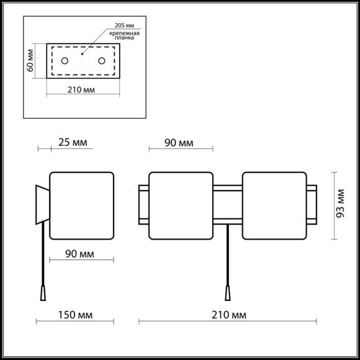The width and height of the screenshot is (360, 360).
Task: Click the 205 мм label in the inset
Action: tap(124, 25)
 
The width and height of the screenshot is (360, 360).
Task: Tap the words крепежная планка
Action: tap(124, 35)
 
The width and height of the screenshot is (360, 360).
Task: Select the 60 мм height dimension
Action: tap(30, 61)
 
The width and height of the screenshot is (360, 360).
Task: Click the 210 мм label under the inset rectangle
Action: tap(81, 90)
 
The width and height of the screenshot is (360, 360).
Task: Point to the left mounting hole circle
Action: tap(65, 61)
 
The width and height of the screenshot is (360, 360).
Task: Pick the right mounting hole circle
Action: tap(102, 61)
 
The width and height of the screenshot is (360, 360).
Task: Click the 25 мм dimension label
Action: tap(73, 143)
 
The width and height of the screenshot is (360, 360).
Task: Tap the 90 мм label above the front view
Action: tap(179, 143)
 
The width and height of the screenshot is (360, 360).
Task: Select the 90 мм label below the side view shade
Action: tap(79, 254)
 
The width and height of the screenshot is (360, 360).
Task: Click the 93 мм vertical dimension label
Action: tap(340, 204)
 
